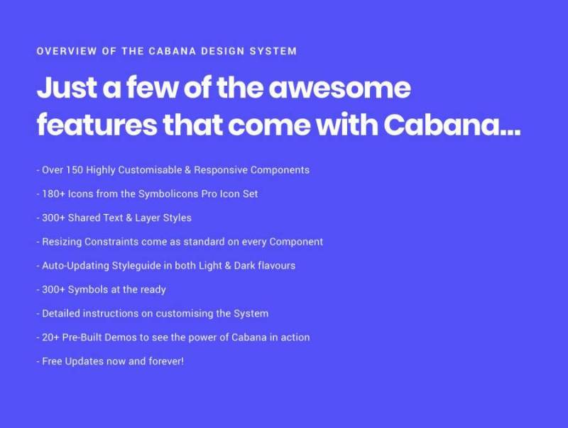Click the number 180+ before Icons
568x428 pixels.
coord(54,194)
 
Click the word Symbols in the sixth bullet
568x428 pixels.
coord(89,290)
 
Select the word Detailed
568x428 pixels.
coord(62,313)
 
